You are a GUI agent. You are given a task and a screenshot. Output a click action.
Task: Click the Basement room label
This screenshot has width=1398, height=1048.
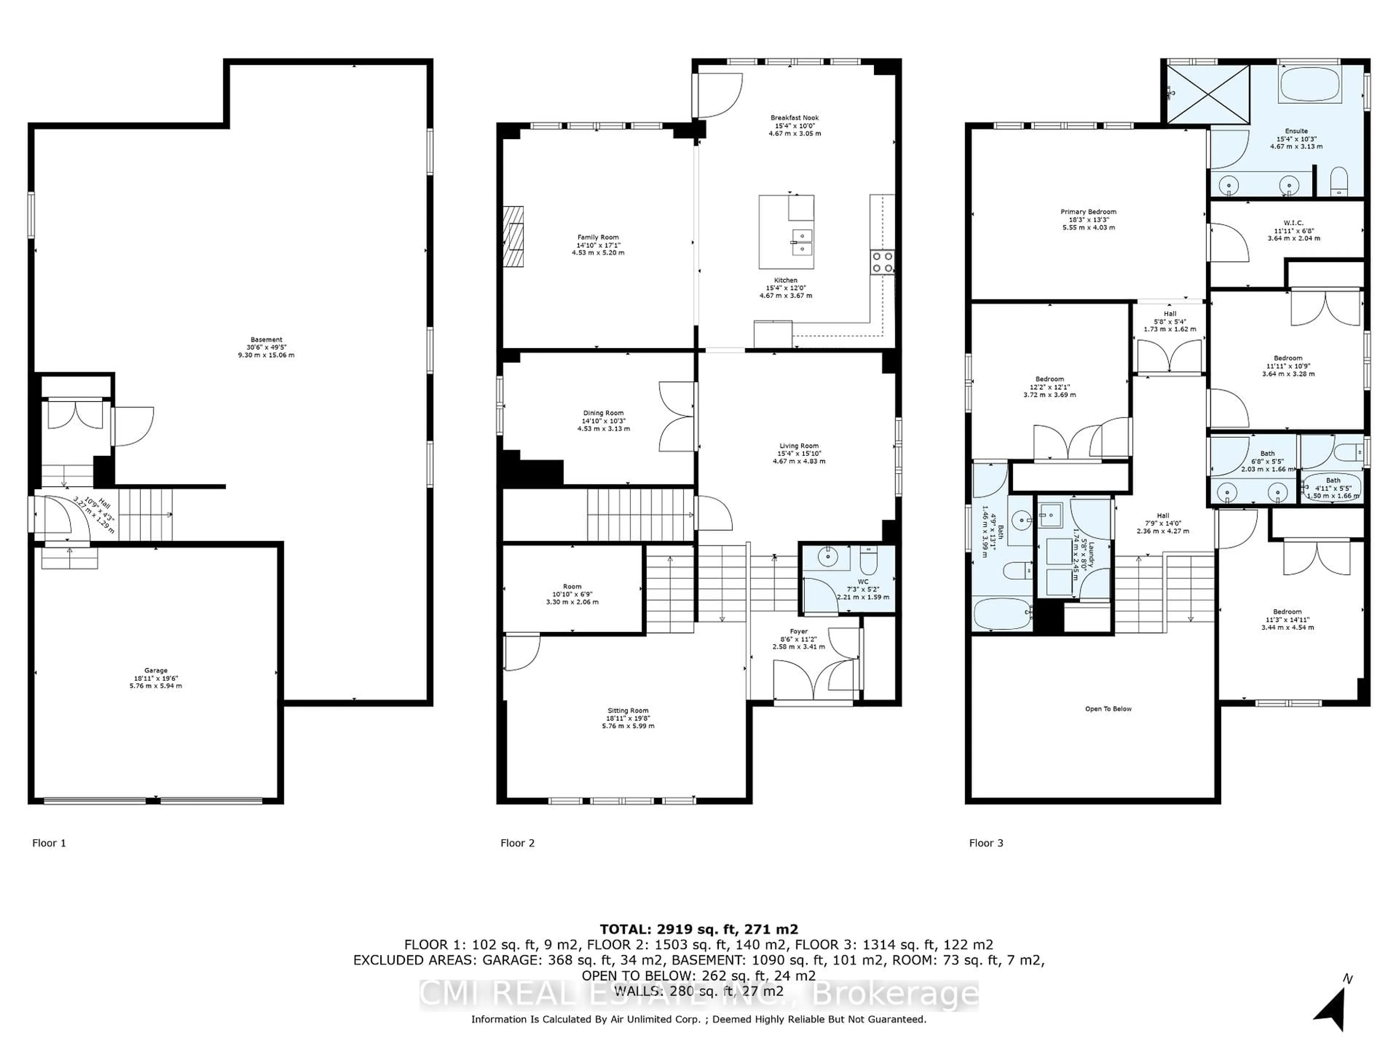click(x=266, y=340)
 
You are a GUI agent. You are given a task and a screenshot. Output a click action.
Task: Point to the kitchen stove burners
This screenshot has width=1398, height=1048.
click(x=882, y=262)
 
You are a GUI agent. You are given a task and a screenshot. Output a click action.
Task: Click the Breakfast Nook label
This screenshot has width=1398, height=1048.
click(x=794, y=118)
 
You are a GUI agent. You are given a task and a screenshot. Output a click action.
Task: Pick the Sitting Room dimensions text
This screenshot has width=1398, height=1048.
click(x=628, y=722)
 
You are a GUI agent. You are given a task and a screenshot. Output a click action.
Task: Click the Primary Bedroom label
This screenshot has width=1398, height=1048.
click(x=1088, y=212)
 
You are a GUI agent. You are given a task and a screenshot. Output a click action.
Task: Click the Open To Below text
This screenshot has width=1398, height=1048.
click(x=1108, y=709)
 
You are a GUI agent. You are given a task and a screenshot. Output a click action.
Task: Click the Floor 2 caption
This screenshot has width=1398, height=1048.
click(x=517, y=843)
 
